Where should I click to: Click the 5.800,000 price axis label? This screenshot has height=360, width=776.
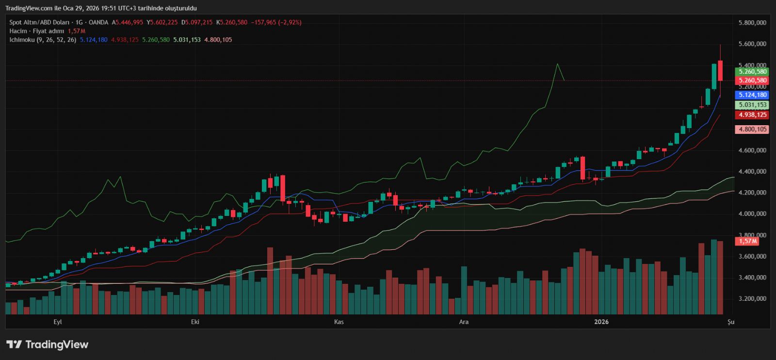click(x=752, y=23)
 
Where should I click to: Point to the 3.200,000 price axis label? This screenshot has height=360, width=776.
click(x=752, y=299)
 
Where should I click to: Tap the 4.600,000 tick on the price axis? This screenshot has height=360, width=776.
click(x=752, y=150)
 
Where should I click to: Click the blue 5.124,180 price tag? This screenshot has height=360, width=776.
click(x=752, y=95)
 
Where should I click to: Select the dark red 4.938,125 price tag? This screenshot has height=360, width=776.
click(x=752, y=115)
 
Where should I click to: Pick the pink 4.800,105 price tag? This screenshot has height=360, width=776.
click(x=752, y=130)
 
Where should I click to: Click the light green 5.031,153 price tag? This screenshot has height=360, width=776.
click(x=752, y=105)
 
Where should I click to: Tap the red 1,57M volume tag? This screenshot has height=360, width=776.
click(x=747, y=241)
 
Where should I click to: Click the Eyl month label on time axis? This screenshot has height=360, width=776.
click(x=58, y=322)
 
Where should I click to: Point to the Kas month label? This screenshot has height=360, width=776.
click(x=339, y=322)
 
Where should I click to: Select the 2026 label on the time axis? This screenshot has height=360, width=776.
click(x=601, y=322)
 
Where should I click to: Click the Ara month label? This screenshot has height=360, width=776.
click(x=464, y=322)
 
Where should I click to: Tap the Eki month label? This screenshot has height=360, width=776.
click(x=195, y=322)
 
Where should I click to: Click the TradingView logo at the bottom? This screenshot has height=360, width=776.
click(x=48, y=344)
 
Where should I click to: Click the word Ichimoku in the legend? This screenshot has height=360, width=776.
click(x=22, y=40)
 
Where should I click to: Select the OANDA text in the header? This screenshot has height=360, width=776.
click(x=98, y=22)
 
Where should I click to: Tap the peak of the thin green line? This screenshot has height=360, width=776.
click(x=557, y=64)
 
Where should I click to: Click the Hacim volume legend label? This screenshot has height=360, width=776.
click(x=18, y=31)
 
